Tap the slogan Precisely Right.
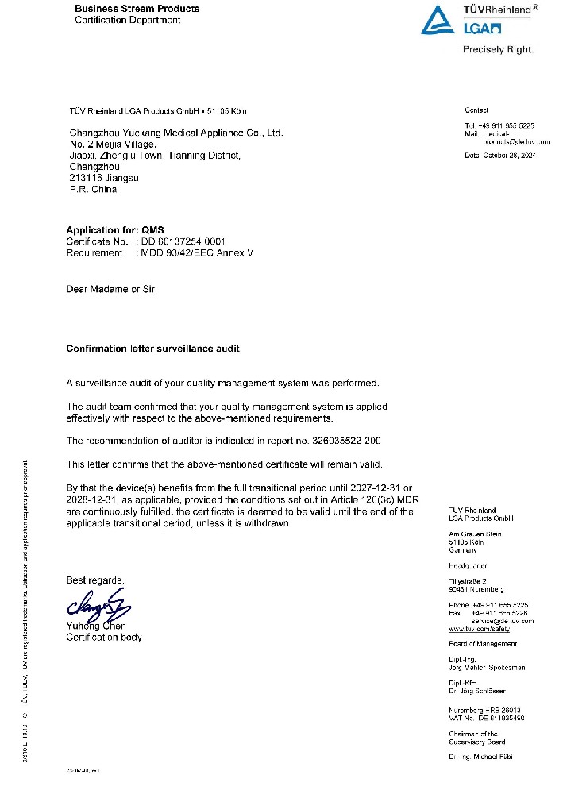498,49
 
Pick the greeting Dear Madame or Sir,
112,289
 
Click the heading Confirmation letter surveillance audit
152,349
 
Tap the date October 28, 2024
511,156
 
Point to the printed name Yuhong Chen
91,626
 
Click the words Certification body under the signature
104,637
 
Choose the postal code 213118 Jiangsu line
104,179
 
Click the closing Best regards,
95,580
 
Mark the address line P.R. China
93,190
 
